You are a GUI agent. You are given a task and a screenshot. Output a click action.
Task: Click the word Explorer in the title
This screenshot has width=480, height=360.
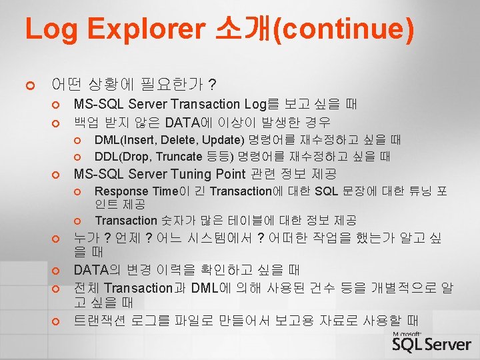coord(146,29)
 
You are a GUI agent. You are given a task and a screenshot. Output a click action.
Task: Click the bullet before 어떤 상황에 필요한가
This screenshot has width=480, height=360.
coord(30,85)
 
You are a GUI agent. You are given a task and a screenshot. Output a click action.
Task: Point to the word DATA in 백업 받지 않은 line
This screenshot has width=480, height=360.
coord(183,123)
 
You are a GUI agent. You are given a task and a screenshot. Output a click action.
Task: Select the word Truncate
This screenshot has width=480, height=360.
coord(179,157)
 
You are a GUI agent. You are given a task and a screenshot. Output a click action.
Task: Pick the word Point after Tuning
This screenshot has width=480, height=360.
coord(231,174)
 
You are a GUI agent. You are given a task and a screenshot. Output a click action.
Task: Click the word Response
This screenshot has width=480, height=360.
coord(121,191)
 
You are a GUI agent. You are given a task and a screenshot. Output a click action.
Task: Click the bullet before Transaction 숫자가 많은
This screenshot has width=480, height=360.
coord(77,221)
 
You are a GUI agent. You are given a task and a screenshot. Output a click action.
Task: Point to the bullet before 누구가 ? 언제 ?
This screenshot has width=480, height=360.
coord(55,239)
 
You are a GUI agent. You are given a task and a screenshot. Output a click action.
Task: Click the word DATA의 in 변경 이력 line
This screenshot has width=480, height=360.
coord(97,270)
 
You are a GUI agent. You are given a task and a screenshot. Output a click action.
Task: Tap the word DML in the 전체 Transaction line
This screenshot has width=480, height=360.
coord(204,288)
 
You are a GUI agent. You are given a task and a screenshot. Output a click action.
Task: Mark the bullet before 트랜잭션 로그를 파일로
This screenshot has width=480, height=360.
coord(55,321)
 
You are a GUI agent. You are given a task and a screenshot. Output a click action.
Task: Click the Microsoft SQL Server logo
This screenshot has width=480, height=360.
coord(431,341)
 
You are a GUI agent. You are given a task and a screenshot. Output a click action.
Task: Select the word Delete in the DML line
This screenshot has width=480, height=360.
coord(179,140)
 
